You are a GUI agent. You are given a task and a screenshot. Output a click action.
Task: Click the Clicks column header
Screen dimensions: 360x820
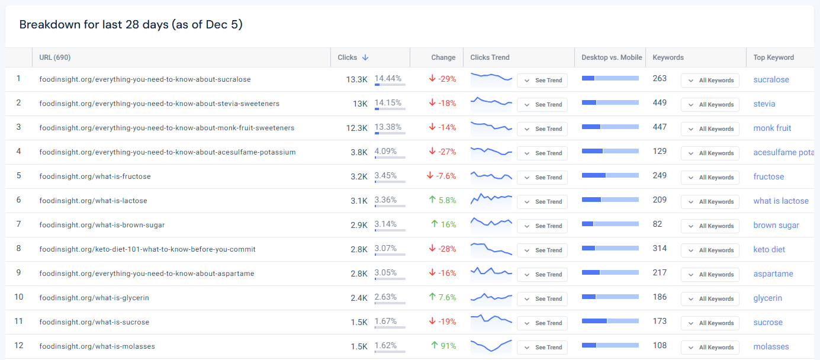point(348,57)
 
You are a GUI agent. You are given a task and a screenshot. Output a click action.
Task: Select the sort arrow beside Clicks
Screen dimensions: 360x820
point(365,57)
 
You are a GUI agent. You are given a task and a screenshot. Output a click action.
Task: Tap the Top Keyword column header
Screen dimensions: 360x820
point(773,57)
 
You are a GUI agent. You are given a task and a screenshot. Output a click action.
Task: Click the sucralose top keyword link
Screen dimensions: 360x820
point(771,80)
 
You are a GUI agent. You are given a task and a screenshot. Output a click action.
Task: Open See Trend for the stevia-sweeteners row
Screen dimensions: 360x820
point(542,105)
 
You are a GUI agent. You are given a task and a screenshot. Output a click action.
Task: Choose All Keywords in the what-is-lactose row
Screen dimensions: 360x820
point(710,202)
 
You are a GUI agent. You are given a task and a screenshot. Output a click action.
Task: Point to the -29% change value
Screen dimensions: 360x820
point(442,79)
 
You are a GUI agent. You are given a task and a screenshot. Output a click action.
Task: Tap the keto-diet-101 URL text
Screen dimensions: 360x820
point(147,249)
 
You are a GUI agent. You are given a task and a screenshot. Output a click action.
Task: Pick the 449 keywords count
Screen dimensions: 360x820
point(660,103)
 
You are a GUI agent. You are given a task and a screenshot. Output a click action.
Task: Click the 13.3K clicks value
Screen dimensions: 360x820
point(357,79)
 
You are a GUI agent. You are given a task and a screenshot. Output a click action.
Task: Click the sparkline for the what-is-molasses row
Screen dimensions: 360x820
point(491,346)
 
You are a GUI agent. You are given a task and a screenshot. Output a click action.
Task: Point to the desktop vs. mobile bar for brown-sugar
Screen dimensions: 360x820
point(610,224)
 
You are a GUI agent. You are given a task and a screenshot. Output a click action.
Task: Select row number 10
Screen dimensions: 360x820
point(19,297)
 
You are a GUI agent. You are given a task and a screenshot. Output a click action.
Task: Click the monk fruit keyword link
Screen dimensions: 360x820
point(772,128)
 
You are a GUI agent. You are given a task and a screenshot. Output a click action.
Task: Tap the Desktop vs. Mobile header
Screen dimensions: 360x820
point(612,57)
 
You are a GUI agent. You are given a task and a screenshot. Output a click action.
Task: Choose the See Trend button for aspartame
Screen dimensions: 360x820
point(542,275)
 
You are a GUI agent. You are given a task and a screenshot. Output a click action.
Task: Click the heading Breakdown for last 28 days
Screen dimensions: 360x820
point(131,24)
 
